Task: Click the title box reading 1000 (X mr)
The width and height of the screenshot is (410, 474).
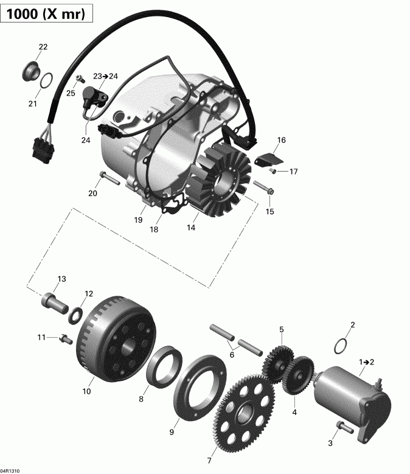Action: pos(47,13)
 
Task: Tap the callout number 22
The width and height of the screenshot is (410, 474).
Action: pos(43,47)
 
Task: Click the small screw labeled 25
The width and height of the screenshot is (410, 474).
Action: pos(79,78)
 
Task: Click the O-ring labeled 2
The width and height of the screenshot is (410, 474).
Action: pos(342,345)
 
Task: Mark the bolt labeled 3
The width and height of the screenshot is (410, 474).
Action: pos(340,427)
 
